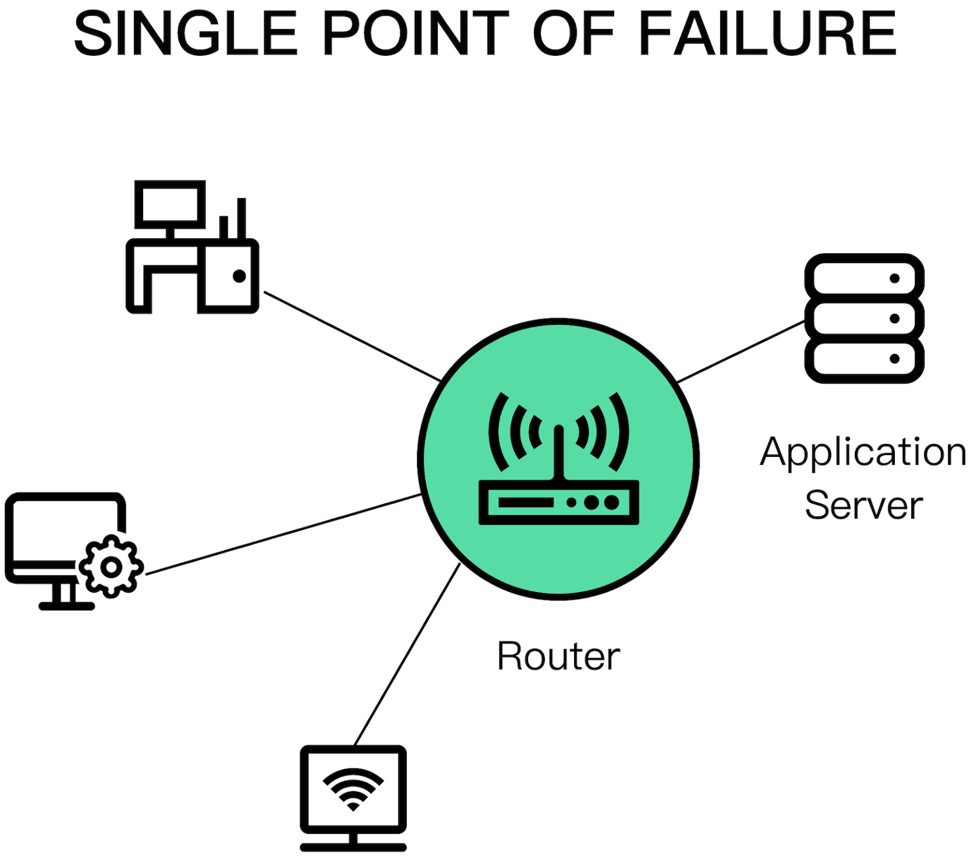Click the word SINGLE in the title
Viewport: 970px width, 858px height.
186,35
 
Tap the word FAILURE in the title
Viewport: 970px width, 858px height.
767,35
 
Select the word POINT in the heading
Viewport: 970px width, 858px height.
415,35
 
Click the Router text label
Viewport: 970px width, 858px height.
558,656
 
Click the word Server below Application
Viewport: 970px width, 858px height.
863,505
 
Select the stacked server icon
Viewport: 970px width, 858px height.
864,318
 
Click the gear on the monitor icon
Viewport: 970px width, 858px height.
111,567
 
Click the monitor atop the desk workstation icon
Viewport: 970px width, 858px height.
169,204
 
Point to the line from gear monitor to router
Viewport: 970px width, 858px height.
283,534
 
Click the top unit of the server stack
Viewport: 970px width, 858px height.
864,278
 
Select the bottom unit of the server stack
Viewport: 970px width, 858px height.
864,359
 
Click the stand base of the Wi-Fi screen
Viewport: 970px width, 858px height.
353,846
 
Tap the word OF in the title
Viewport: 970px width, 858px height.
573,35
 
